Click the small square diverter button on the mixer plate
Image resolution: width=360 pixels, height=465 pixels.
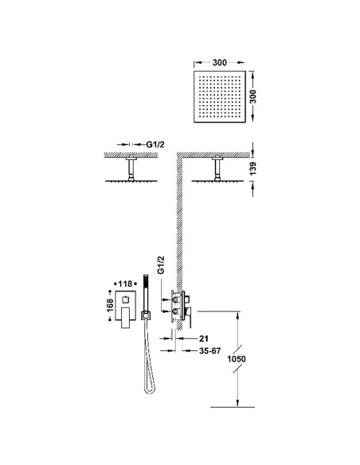[124, 299]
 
